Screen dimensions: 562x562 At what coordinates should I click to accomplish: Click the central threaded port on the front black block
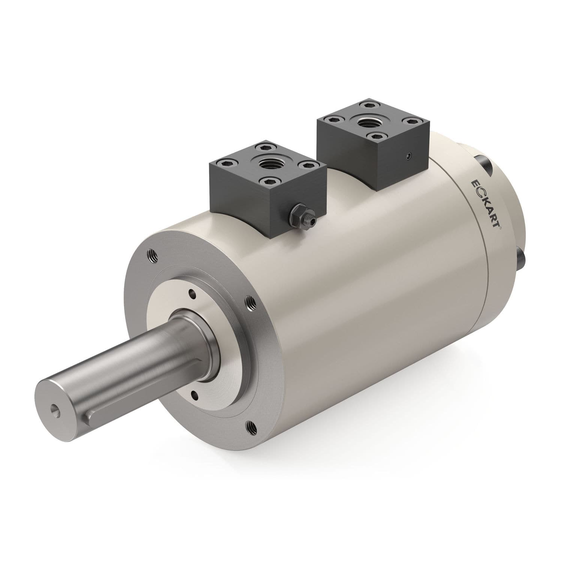[x=267, y=163]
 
